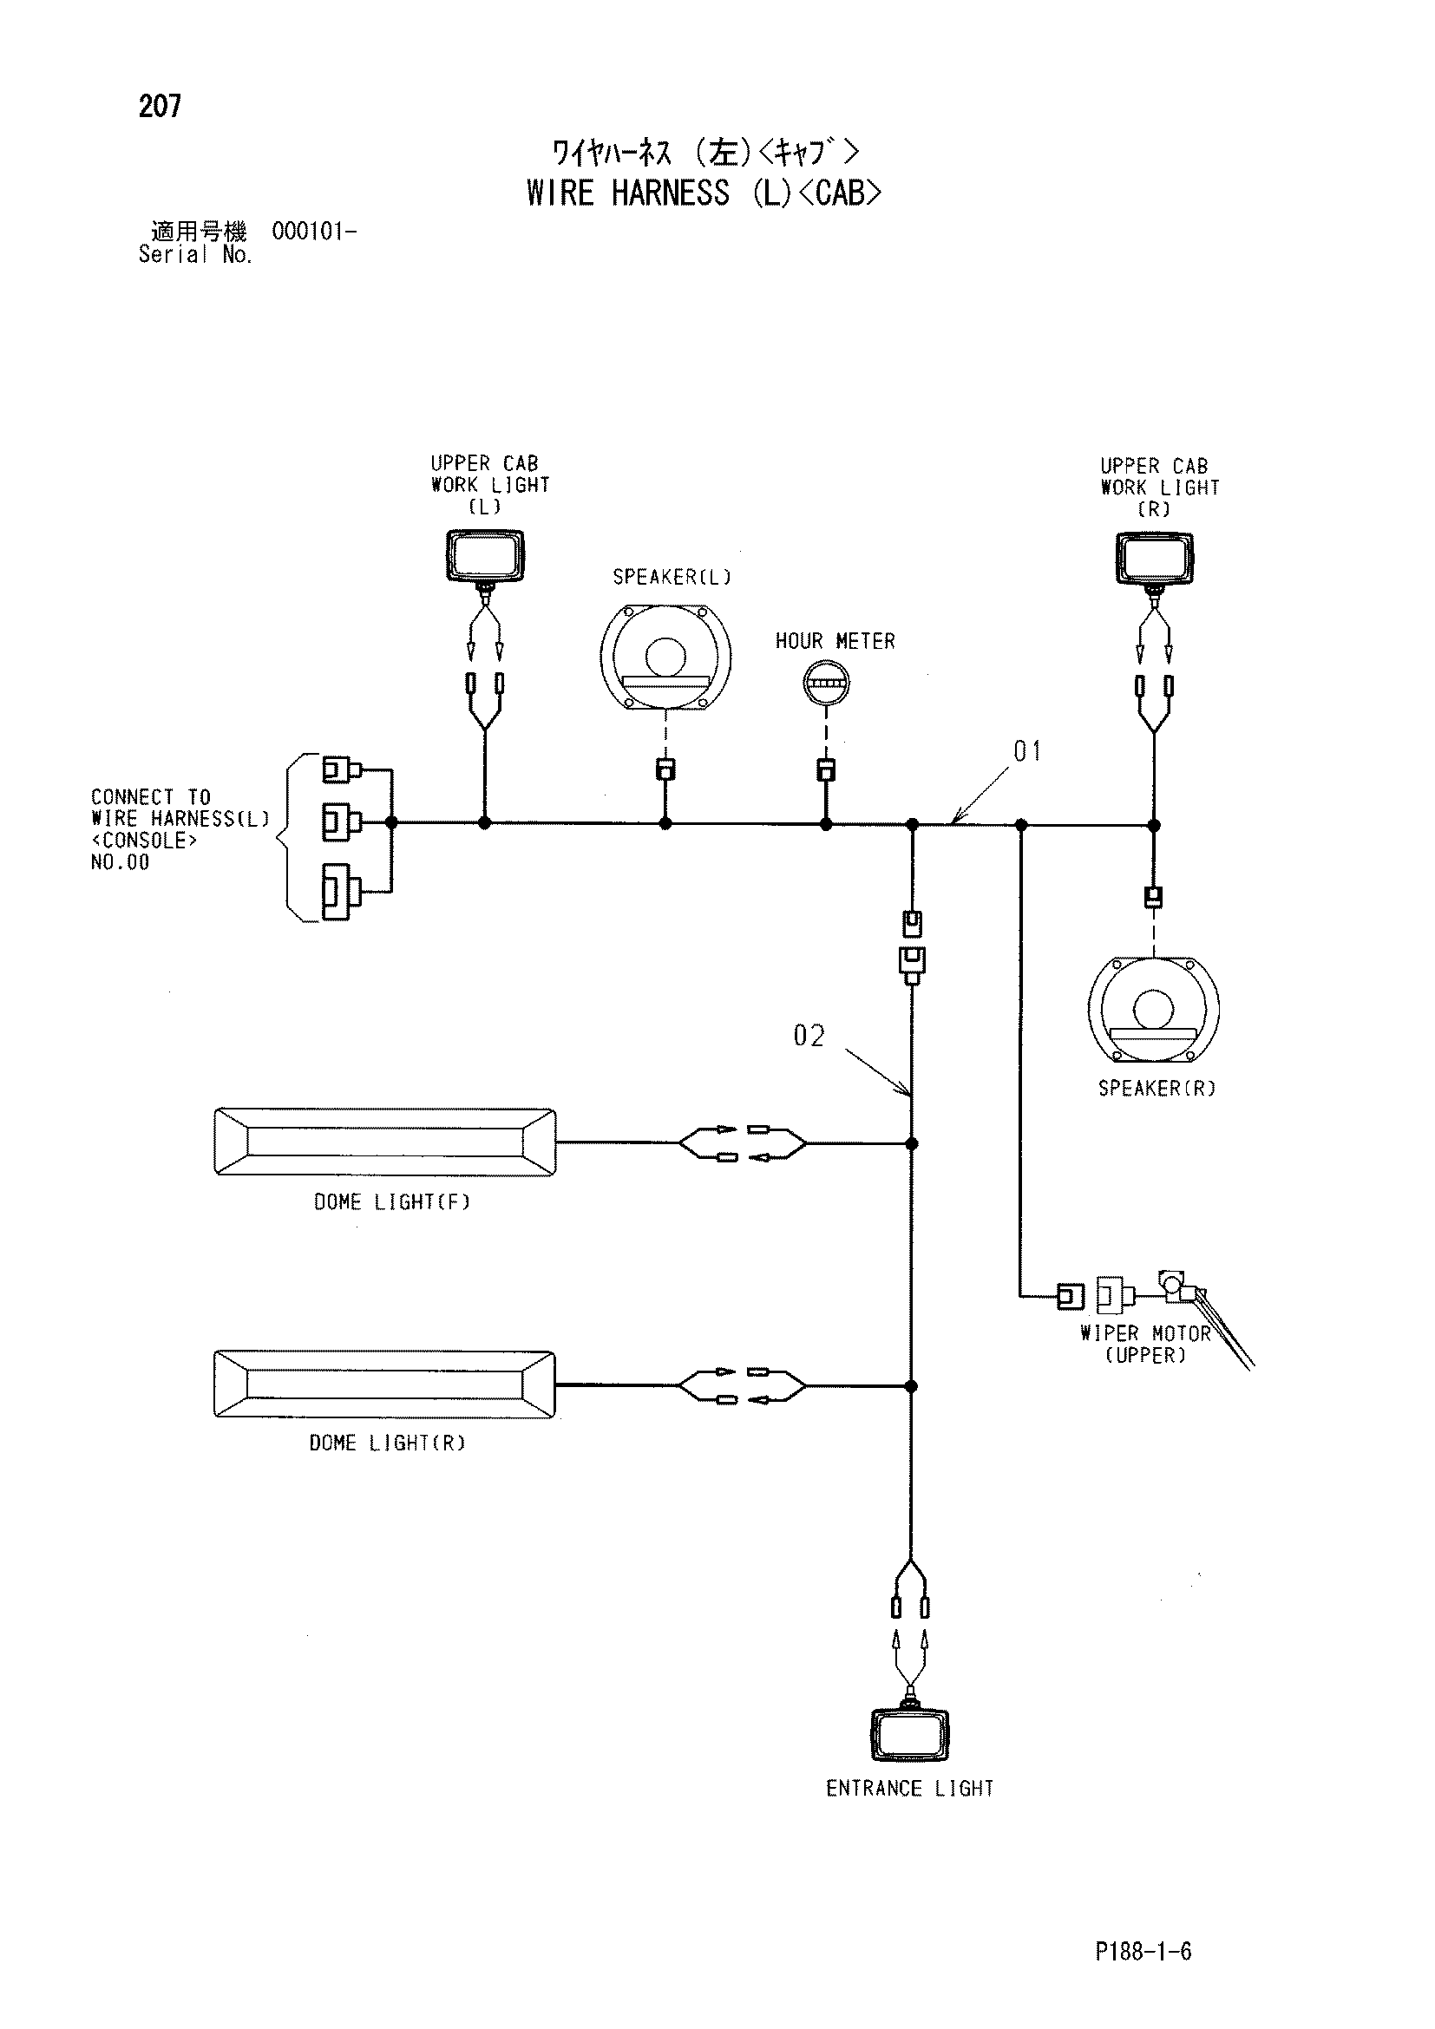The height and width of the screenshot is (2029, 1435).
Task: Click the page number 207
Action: pos(160,107)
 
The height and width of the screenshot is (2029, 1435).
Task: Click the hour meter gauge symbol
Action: pos(825,682)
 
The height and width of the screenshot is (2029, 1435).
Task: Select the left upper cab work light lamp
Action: pos(484,557)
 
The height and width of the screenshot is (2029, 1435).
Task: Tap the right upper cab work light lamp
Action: pos(1155,560)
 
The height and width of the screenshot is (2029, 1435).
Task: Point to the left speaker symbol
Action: pos(665,657)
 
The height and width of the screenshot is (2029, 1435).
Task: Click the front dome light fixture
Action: pos(385,1142)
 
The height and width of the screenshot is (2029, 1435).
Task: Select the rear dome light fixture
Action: pos(384,1384)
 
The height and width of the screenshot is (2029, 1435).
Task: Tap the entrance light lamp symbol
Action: pos(910,1735)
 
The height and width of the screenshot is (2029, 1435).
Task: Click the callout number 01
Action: pos(1026,752)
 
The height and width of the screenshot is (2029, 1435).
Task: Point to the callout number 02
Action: pos(809,1036)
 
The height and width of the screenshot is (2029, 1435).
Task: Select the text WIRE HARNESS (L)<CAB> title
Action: pos(704,193)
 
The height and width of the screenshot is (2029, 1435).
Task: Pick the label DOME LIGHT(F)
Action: pos(391,1201)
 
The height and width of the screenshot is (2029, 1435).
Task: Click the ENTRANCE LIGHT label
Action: pos(909,1789)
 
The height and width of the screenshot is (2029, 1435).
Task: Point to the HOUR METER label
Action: pos(835,642)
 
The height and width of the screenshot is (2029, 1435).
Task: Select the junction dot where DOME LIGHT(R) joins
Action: pos(912,1385)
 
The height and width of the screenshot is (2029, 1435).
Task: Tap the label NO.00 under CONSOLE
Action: pos(121,862)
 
